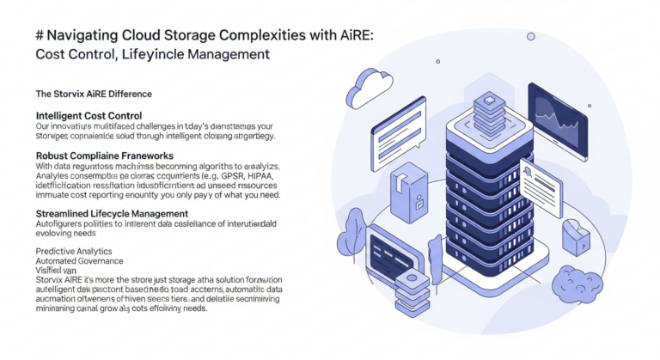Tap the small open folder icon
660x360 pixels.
point(573,234)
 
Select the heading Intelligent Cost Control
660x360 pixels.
point(89,115)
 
